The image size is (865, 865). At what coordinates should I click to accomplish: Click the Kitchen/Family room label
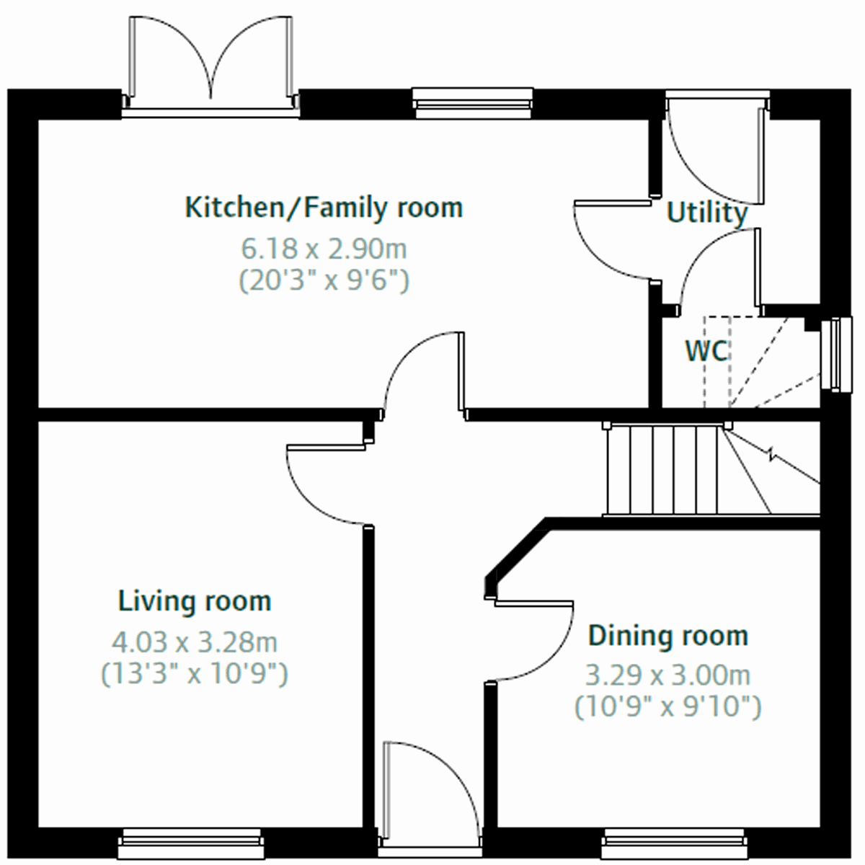(324, 208)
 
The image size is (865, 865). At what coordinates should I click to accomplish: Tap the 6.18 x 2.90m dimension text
(324, 249)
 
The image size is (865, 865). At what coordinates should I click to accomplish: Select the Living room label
(195, 600)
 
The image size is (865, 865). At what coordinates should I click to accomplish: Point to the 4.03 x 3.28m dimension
(195, 641)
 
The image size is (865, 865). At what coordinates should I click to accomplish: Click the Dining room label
(668, 636)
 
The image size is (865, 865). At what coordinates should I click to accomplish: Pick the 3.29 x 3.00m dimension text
(668, 676)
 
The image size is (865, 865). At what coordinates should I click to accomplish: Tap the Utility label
(706, 213)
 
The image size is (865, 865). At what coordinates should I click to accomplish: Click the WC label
(706, 351)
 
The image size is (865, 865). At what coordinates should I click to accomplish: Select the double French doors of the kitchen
(210, 61)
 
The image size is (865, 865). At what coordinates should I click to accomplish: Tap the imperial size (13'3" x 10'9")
(195, 674)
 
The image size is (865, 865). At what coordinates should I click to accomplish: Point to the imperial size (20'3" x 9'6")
(324, 280)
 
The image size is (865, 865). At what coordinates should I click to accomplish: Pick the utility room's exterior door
(714, 151)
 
